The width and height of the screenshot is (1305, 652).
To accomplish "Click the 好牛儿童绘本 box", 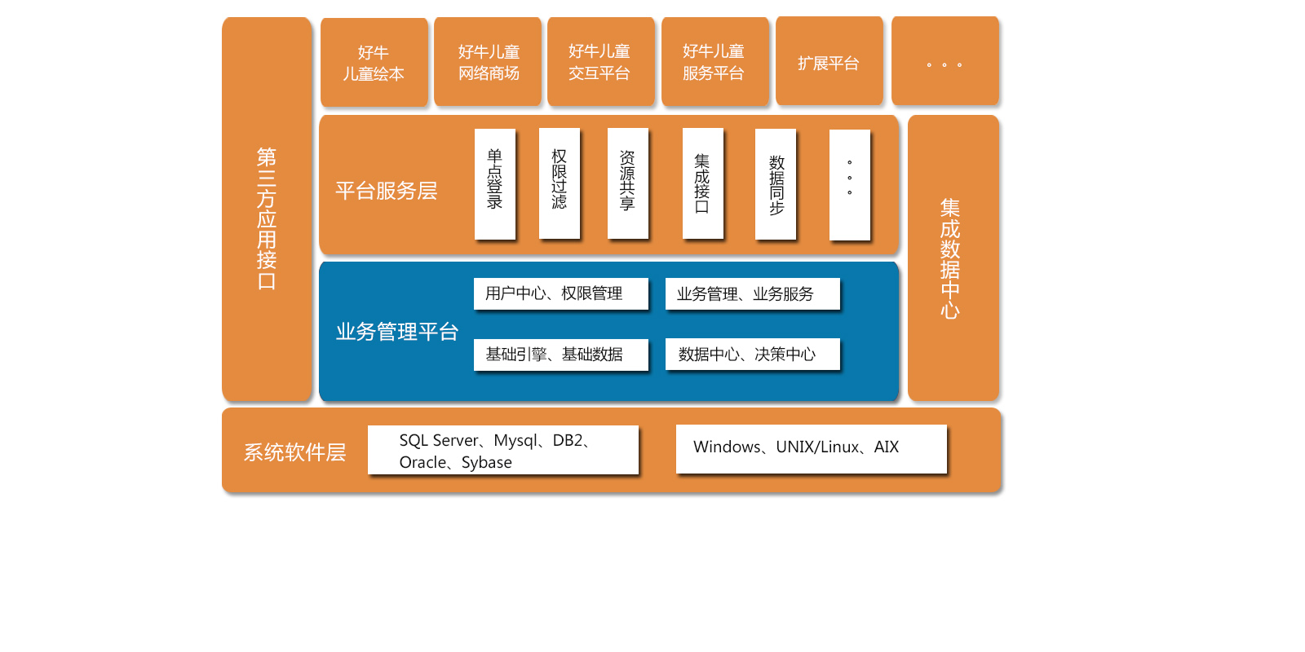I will point(374,63).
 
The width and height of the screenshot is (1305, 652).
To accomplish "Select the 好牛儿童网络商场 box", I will point(488,62).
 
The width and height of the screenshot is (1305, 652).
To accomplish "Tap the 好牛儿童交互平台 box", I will point(600,62).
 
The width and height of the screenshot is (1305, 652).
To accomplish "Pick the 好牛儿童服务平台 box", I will point(714,62).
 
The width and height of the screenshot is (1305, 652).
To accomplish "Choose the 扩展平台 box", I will point(829,62).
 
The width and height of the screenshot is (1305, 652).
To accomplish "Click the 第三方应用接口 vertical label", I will point(267,218).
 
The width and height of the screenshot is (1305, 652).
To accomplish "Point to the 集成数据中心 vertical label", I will point(950,258).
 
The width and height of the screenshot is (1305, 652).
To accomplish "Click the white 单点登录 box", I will point(495,183).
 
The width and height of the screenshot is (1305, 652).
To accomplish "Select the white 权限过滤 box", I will point(560,183).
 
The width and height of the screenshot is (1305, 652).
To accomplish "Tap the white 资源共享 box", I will point(628,183).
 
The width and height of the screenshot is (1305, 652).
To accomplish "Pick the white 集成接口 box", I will point(702,183).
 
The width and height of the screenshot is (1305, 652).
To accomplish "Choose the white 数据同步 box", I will point(776,183).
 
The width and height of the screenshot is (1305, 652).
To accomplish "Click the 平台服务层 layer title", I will point(387,191).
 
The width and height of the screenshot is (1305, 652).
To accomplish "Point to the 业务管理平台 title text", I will point(397,332).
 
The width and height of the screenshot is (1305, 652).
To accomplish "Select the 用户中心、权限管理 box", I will point(560,293).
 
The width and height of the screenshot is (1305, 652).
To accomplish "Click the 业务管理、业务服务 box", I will point(752,293).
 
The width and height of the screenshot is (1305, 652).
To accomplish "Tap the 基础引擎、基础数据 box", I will point(560,355).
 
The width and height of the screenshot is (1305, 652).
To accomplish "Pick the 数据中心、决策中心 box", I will point(752,355).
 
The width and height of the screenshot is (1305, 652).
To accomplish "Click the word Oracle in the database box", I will point(422,462).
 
